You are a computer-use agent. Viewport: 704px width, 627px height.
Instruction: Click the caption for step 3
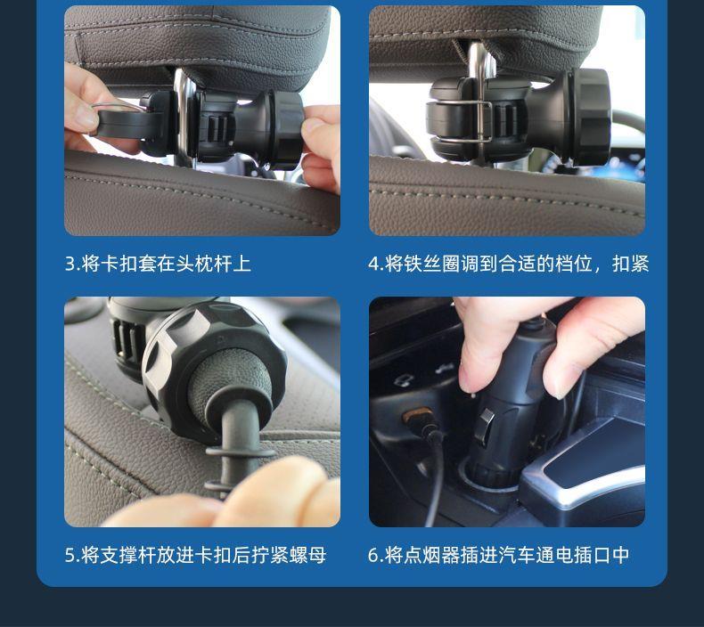[x=158, y=264]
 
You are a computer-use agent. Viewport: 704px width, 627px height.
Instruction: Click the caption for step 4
[x=509, y=264]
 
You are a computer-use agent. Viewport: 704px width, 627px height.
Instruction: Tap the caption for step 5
[x=196, y=555]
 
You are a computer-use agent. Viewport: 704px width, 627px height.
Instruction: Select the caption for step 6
[x=499, y=555]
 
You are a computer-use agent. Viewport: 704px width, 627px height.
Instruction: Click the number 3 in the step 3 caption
[x=70, y=264]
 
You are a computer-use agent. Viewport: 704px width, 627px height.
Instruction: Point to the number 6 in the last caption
[x=373, y=556]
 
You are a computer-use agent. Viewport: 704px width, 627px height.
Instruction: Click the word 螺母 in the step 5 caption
[x=308, y=555]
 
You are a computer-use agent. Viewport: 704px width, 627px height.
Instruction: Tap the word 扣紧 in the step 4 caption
[x=631, y=264]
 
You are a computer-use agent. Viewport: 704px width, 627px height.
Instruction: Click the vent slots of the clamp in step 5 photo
[x=127, y=342]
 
